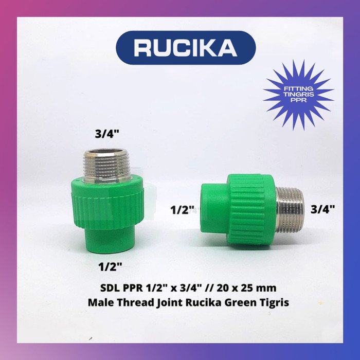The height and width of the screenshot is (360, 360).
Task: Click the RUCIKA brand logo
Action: [186, 47]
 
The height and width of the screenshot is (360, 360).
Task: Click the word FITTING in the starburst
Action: [298, 89]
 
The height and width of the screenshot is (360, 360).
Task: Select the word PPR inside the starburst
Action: [298, 101]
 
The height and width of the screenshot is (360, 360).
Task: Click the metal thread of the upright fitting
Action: [106, 163]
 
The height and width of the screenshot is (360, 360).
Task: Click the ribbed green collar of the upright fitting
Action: [107, 203]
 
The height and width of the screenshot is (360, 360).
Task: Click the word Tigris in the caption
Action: [273, 302]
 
